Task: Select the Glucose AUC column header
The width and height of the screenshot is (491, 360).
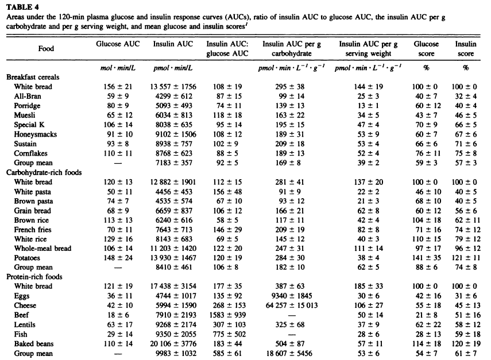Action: pos(118,44)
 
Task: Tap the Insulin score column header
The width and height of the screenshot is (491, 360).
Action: pos(466,49)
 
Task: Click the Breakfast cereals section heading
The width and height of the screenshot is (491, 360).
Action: pos(33,77)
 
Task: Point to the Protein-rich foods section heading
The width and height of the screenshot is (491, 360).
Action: pos(34,277)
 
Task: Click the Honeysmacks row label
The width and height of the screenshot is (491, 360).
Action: pos(36,134)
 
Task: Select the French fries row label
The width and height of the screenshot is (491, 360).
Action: pos(33,230)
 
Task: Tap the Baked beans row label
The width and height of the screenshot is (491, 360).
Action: pos(34,344)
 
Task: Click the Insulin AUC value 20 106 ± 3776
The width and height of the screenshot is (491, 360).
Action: pos(173,344)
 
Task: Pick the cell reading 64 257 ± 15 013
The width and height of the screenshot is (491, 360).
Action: pos(292,305)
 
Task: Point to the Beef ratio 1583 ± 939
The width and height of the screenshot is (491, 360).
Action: pos(227,315)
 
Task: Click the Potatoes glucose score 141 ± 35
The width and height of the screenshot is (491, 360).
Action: pos(426,258)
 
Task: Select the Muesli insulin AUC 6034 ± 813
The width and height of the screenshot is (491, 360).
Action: pos(174,115)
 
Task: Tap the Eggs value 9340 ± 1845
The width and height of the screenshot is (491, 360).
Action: pos(292,296)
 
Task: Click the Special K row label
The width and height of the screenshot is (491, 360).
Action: pos(29,125)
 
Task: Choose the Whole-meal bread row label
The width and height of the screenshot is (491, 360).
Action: pos(42,248)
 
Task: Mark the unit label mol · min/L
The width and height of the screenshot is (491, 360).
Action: pos(118,68)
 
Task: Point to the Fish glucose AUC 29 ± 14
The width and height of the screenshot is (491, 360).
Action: pos(118,334)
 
